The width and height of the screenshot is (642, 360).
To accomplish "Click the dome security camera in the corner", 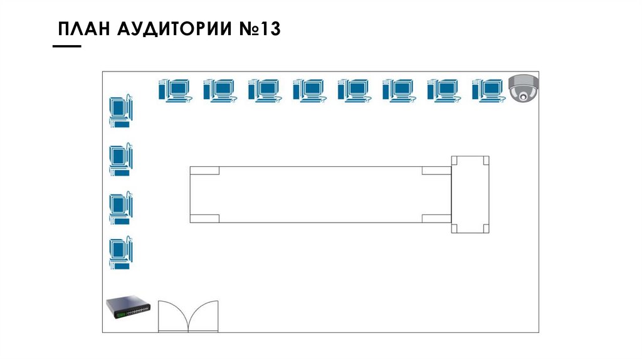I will coord(523,88).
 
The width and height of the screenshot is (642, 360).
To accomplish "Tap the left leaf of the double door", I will coord(172,317).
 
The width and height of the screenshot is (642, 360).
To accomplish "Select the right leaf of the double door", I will coord(203,317).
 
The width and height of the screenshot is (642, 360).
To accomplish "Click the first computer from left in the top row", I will coord(174,90).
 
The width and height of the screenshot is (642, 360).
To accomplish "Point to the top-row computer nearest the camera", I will coord(488,90).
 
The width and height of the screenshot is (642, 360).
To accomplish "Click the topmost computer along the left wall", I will coord(121,112).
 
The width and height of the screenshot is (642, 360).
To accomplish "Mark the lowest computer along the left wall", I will coord(121,253).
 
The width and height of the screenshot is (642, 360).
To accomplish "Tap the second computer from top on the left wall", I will coord(121,159).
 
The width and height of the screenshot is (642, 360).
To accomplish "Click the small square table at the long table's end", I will coord(470,194).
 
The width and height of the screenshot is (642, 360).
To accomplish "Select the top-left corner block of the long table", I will coord(204,171).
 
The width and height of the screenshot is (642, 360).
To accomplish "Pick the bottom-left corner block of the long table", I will coord(204,218).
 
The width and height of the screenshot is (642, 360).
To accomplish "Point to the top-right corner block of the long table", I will coord(436,171).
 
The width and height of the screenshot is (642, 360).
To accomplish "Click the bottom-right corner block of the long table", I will coord(436,218).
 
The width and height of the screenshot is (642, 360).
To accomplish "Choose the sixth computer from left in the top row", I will coord(398,90).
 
